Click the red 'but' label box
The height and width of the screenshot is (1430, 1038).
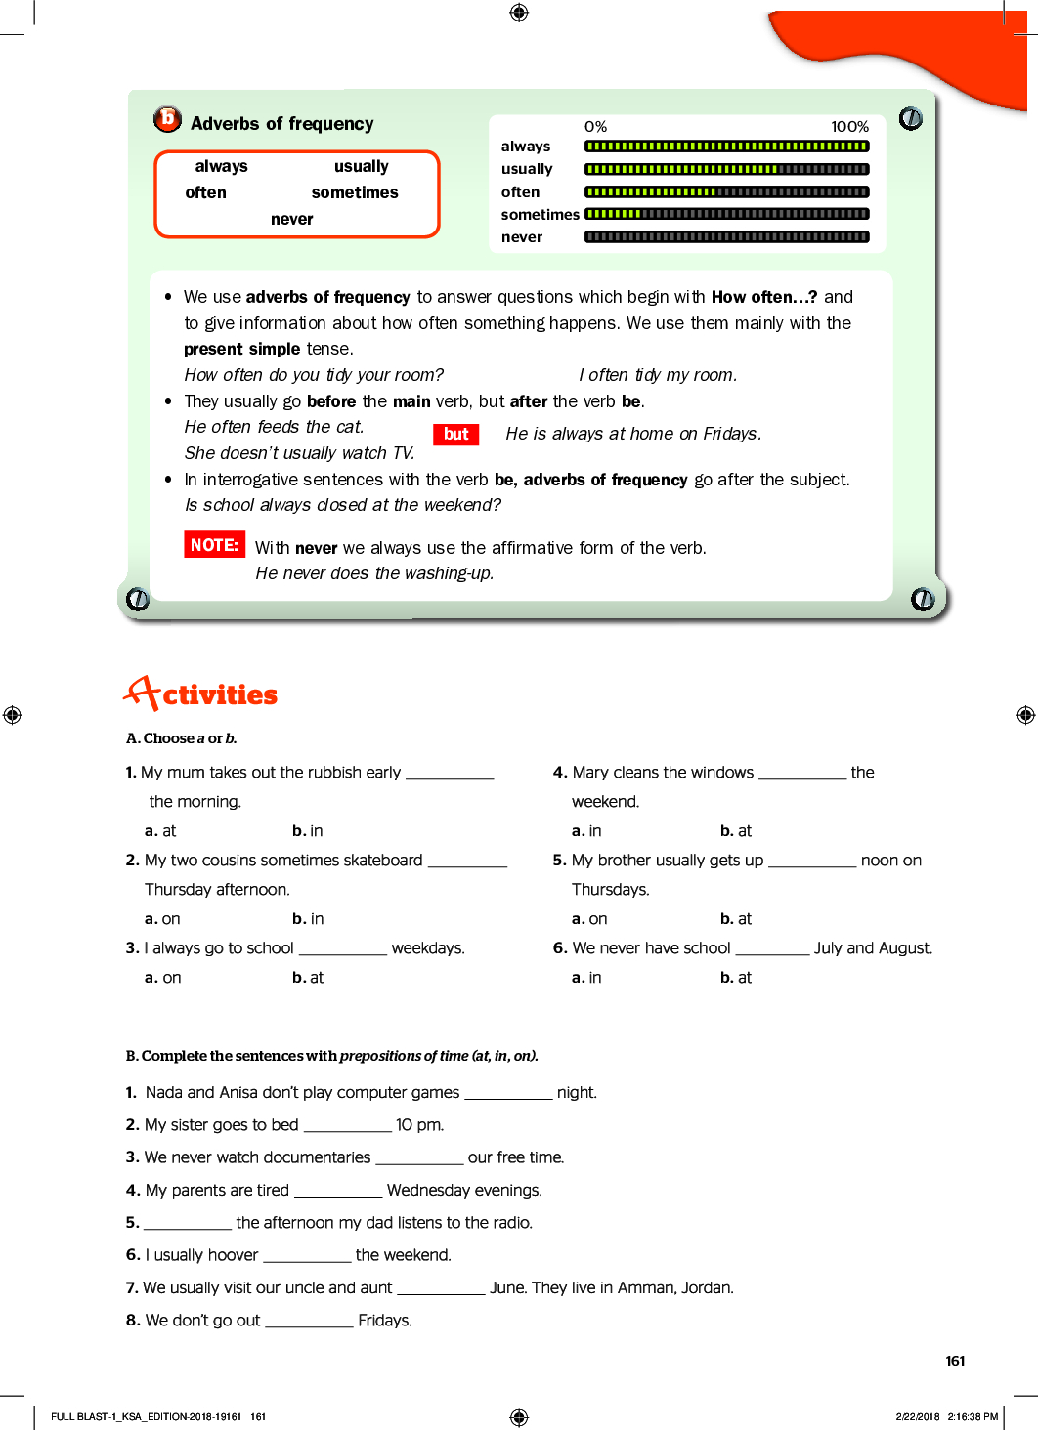click(x=455, y=434)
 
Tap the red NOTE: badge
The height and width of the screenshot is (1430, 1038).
click(x=214, y=545)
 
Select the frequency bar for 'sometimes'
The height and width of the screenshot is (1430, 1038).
click(x=726, y=214)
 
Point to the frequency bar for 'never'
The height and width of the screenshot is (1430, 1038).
click(x=726, y=236)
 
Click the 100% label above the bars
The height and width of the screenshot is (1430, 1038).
click(x=849, y=127)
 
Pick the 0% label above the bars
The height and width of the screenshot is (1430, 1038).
click(x=595, y=127)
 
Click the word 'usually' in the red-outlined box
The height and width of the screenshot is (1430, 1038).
click(x=361, y=167)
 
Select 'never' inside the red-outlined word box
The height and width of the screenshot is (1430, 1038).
click(x=291, y=220)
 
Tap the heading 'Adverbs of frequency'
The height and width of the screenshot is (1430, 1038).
click(x=281, y=124)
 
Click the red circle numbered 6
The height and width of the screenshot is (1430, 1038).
click(x=167, y=119)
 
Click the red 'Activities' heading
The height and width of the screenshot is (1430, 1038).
click(x=201, y=694)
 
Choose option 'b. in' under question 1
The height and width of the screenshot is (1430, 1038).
click(x=307, y=831)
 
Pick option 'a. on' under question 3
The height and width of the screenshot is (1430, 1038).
click(x=163, y=978)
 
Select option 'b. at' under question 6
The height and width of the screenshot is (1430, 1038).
click(x=736, y=978)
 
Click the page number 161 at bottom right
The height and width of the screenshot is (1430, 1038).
click(x=955, y=1361)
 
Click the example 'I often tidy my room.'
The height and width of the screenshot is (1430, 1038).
click(x=658, y=375)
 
